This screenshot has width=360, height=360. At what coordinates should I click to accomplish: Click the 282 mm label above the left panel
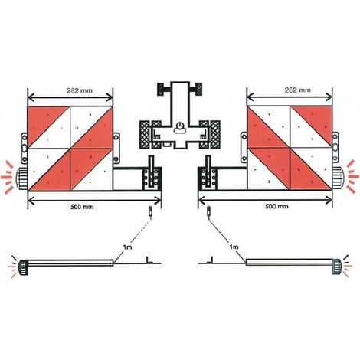tap(80, 90)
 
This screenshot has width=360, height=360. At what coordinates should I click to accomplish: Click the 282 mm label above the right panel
tap(298, 90)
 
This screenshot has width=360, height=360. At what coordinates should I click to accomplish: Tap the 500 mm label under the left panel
tap(82, 207)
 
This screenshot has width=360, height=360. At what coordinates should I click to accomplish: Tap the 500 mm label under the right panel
tap(277, 206)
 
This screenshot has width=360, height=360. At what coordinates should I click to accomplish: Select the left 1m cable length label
tap(127, 247)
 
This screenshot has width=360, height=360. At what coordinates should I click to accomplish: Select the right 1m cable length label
tap(234, 247)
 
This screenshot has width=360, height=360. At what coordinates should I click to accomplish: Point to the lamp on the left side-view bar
tap(22, 267)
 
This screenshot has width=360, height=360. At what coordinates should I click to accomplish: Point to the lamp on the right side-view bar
tap(336, 267)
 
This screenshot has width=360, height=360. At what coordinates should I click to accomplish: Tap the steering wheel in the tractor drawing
tap(180, 126)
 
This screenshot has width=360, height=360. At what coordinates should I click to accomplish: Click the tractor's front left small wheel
tap(161, 89)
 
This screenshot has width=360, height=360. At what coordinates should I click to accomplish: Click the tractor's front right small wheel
tap(198, 89)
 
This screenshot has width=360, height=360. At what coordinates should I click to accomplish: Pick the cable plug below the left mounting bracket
tap(151, 213)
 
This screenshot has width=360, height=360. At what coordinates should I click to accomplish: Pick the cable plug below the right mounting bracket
tap(209, 211)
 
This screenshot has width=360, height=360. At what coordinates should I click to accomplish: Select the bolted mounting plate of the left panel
tap(152, 178)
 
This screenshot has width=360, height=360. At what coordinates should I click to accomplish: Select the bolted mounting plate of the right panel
tap(208, 178)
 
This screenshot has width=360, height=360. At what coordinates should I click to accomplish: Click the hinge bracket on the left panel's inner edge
tap(116, 148)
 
